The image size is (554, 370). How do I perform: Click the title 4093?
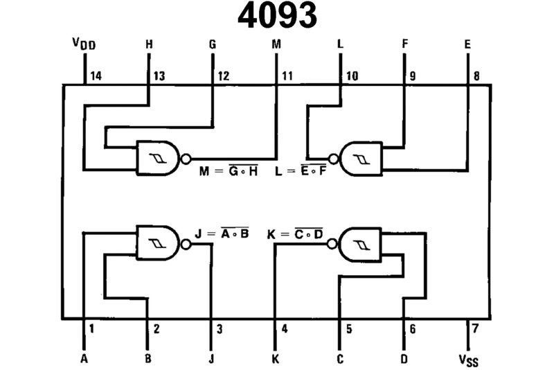[x=277, y=16]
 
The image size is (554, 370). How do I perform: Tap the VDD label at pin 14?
[x=84, y=45]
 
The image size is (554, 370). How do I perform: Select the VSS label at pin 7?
[x=469, y=360]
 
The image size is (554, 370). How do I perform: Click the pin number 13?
[x=159, y=76]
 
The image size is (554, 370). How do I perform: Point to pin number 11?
[x=287, y=76]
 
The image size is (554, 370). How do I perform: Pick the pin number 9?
[x=413, y=76]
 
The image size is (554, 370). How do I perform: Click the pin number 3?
[x=220, y=329]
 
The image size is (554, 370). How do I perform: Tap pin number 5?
[x=349, y=329]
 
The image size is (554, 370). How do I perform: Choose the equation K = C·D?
[x=295, y=234]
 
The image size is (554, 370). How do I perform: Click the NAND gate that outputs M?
[x=159, y=159]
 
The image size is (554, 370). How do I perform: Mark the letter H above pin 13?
[x=148, y=44]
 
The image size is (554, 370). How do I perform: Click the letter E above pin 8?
[x=467, y=44]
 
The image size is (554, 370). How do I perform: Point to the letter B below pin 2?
[x=148, y=359]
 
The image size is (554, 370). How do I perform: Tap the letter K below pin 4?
[x=276, y=359]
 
